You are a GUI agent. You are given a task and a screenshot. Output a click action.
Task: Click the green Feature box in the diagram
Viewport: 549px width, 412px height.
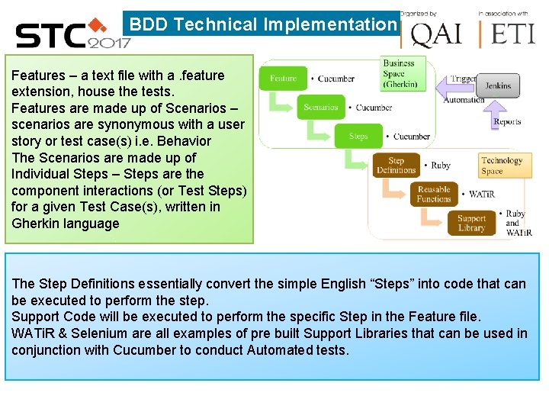point(283,79)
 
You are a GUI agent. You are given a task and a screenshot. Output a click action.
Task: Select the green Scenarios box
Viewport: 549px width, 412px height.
point(320,108)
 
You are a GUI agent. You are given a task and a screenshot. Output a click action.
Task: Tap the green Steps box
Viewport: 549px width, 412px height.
point(358,137)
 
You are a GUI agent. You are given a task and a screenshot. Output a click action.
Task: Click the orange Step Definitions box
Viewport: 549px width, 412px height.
point(396,166)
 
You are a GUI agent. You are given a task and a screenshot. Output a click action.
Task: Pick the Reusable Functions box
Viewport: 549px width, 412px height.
point(434,194)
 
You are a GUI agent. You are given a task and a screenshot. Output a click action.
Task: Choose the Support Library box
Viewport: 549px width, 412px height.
point(471,223)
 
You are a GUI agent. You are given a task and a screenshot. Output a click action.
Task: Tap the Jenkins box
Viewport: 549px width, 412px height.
point(498,86)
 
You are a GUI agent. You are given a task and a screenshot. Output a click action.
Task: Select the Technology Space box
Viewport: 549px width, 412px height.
point(502,166)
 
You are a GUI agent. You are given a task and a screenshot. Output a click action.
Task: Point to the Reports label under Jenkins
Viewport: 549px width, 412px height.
point(507,122)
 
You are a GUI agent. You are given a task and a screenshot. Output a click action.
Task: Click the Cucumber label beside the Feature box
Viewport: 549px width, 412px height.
point(336,79)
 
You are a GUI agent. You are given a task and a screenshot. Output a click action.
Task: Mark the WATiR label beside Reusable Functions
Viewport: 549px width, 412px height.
point(482,195)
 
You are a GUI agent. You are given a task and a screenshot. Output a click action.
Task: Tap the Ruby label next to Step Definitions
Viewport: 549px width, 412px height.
point(441,166)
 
